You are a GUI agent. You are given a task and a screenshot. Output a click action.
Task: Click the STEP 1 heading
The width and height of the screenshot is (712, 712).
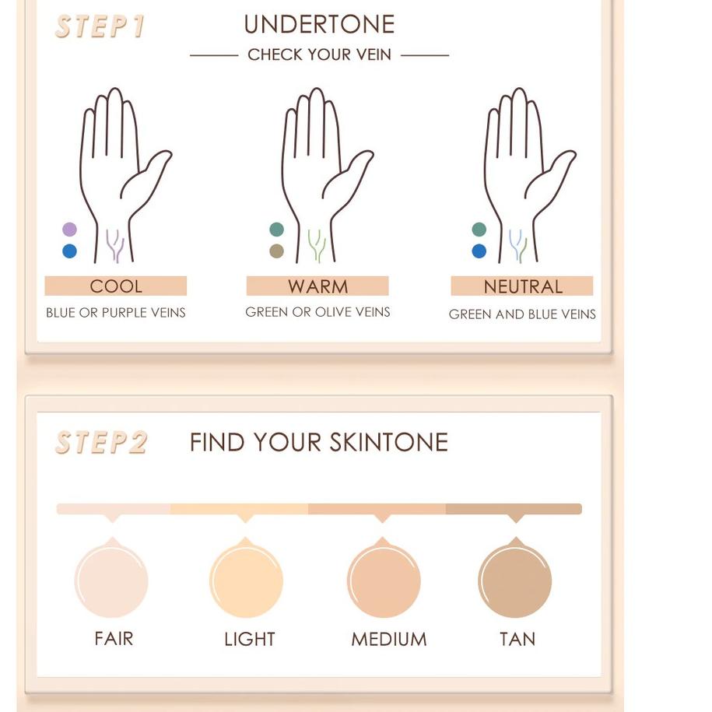pyautogui.click(x=100, y=26)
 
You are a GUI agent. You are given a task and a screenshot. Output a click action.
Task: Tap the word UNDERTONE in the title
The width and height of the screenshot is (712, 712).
pyautogui.click(x=319, y=24)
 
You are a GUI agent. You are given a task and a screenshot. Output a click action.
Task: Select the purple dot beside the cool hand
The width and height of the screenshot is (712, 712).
pyautogui.click(x=69, y=230)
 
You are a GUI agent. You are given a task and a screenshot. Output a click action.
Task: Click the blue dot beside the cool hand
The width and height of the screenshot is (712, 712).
pyautogui.click(x=69, y=251)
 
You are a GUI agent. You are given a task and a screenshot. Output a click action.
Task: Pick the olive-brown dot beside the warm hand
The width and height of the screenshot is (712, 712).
pyautogui.click(x=276, y=251)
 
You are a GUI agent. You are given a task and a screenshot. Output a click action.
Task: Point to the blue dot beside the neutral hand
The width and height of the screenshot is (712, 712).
pyautogui.click(x=479, y=251)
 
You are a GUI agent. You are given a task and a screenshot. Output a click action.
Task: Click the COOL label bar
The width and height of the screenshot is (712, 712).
pyautogui.click(x=116, y=286)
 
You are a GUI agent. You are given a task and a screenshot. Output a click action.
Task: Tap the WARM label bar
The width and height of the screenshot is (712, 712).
pyautogui.click(x=317, y=286)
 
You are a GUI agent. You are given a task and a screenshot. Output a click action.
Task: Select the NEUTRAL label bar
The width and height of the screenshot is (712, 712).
pyautogui.click(x=522, y=286)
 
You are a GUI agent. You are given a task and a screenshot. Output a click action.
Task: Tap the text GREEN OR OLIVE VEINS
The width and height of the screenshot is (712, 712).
pyautogui.click(x=317, y=312)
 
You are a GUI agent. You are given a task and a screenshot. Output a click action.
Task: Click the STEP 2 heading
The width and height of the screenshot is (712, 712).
pyautogui.click(x=101, y=442)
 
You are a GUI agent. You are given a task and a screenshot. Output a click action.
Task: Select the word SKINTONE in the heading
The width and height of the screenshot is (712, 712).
pyautogui.click(x=389, y=442)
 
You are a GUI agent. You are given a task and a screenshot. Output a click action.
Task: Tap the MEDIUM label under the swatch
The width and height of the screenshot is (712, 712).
pyautogui.click(x=389, y=639)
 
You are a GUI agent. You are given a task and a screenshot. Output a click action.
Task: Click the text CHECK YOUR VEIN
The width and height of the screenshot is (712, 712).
pyautogui.click(x=319, y=54)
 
